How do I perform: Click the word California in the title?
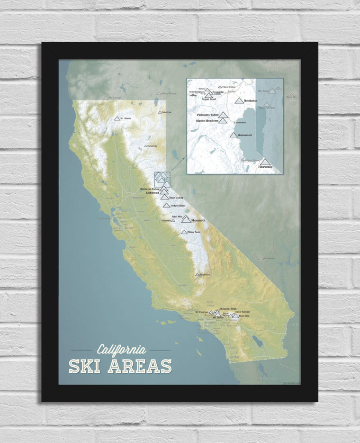[121, 350]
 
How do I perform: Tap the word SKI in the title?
[84, 366]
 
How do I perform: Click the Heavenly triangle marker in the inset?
[265, 162]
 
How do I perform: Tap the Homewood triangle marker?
[234, 135]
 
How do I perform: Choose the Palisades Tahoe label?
[207, 115]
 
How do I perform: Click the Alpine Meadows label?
[207, 121]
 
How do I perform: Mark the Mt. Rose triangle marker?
[272, 91]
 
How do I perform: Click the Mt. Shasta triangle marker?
[117, 118]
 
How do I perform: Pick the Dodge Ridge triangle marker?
[166, 205]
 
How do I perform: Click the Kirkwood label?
[153, 193]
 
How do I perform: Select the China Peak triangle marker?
[183, 232]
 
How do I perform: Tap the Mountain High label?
[227, 308]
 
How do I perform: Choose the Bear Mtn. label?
[244, 316]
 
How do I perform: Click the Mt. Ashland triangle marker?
[106, 98]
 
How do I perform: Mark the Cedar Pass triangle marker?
[160, 112]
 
